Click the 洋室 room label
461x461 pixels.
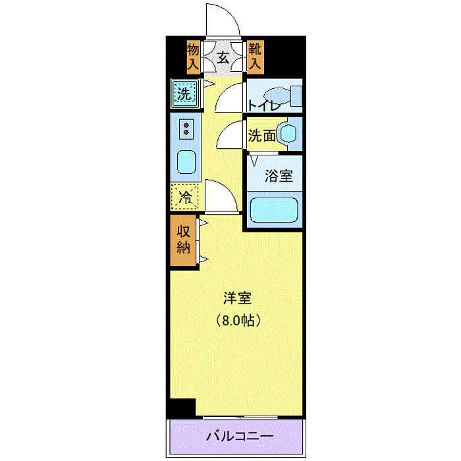coord(236,298)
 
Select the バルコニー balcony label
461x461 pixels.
coord(239,436)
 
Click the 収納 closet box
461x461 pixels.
coord(183,240)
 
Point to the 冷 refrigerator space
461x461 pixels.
coord(186,196)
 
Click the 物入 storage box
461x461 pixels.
coord(193,57)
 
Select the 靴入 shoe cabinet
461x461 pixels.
coord(255,57)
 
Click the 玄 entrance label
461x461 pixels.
coord(223,57)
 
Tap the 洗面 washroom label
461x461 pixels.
coord(261,136)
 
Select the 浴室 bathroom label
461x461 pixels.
coord(278,176)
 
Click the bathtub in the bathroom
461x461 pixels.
coord(275,210)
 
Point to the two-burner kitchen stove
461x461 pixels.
coord(186,128)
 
